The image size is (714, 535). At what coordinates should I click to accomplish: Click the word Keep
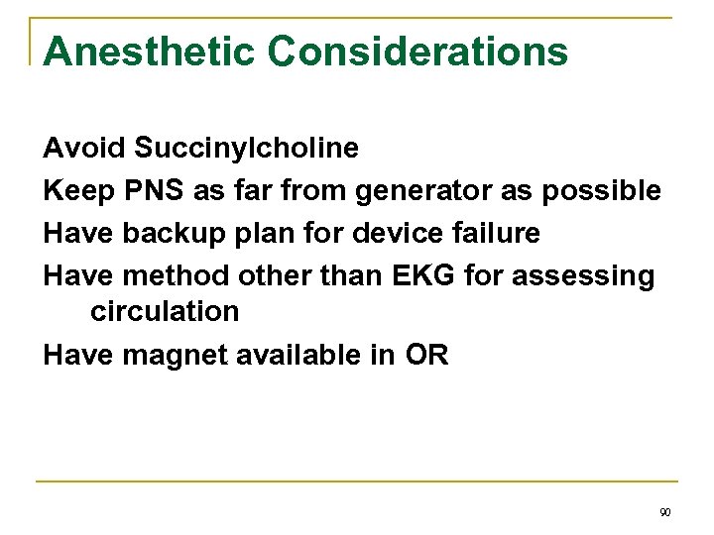click(79, 190)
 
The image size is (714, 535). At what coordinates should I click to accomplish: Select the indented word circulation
click(165, 311)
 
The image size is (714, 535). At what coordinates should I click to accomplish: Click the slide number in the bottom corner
click(664, 512)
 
